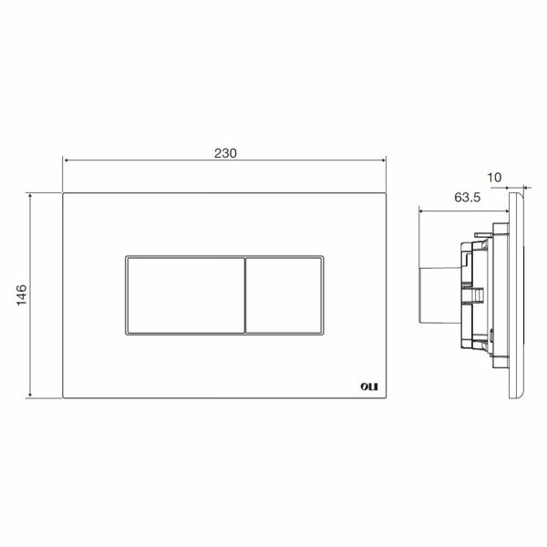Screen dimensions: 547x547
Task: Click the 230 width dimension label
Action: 225,153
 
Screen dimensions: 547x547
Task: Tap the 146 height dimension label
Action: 22,295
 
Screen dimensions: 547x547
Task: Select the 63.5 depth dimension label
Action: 467,198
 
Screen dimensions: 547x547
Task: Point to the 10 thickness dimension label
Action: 494,178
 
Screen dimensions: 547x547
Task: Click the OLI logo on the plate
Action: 368,387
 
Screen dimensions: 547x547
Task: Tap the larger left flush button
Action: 186,295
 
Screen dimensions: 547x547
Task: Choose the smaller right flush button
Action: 284,295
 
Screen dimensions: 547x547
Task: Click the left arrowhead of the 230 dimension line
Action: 66,160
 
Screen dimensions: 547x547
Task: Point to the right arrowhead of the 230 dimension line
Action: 384,160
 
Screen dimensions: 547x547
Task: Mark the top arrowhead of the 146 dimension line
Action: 30,196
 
